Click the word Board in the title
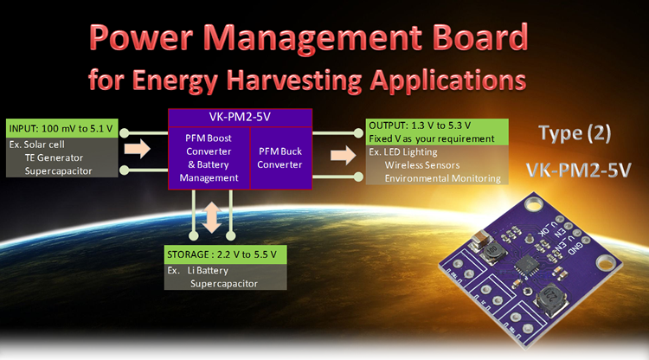click(480, 37)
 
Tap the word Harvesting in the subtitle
click(294, 80)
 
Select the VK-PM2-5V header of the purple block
click(240, 117)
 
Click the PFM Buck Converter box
click(280, 157)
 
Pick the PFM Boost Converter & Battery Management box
click(209, 157)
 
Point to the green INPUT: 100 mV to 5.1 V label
click(61, 128)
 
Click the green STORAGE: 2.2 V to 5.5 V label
click(225, 254)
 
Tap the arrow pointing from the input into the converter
click(137, 149)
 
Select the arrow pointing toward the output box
click(344, 155)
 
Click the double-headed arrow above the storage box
click(212, 217)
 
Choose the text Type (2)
click(575, 133)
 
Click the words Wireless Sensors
click(422, 165)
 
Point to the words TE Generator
click(54, 157)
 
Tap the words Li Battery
click(208, 271)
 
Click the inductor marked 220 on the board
click(551, 299)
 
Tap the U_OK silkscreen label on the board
click(544, 228)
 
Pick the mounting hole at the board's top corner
click(534, 204)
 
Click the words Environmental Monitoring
click(442, 178)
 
